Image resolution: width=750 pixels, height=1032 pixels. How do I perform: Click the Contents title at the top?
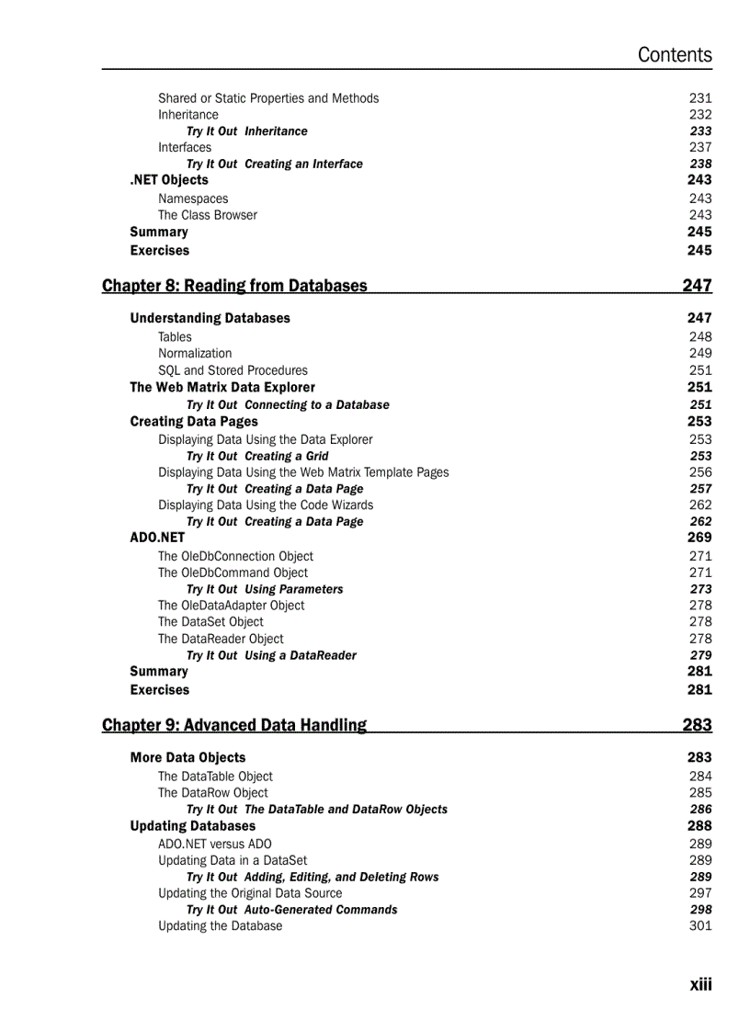pyautogui.click(x=675, y=55)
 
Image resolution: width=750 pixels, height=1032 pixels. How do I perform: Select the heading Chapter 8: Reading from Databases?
pyautogui.click(x=234, y=286)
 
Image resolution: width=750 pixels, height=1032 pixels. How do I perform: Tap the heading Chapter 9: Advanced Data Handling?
pyautogui.click(x=234, y=725)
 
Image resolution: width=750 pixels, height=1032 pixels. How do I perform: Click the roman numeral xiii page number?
pyautogui.click(x=700, y=984)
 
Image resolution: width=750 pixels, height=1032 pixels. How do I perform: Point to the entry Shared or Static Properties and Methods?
pyautogui.click(x=267, y=98)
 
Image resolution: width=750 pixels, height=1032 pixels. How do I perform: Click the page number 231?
pyautogui.click(x=700, y=98)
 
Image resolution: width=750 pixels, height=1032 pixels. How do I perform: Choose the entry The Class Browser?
pyautogui.click(x=208, y=215)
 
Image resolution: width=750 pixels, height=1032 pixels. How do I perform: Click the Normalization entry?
pyautogui.click(x=195, y=353)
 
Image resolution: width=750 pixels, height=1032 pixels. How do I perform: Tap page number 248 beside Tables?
pyautogui.click(x=700, y=336)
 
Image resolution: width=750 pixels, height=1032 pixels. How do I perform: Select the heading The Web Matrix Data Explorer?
pyautogui.click(x=222, y=387)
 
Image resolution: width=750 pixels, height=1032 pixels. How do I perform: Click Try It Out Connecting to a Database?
pyautogui.click(x=288, y=404)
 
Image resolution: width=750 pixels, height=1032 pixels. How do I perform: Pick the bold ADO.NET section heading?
pyautogui.click(x=157, y=538)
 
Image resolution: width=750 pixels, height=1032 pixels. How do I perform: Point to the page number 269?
pyautogui.click(x=699, y=538)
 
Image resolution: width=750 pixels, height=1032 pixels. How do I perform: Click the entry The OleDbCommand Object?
pyautogui.click(x=233, y=573)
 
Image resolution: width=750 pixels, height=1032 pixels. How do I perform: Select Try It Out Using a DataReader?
pyautogui.click(x=271, y=655)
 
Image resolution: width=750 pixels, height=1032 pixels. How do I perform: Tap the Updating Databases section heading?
pyautogui.click(x=193, y=826)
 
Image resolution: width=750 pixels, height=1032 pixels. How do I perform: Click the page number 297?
pyautogui.click(x=700, y=893)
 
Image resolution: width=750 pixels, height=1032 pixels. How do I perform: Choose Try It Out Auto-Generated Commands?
pyautogui.click(x=291, y=910)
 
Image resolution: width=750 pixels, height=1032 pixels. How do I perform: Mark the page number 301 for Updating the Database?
pyautogui.click(x=700, y=925)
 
